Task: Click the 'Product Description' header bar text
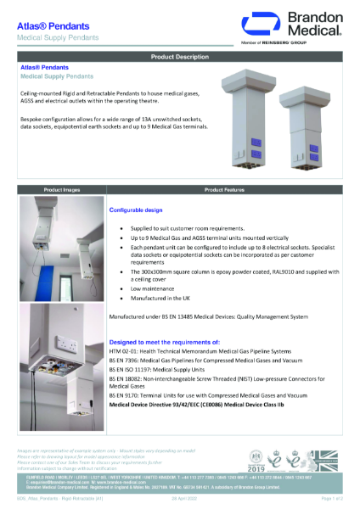[x=179, y=56]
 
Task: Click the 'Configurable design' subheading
[x=141, y=208]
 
